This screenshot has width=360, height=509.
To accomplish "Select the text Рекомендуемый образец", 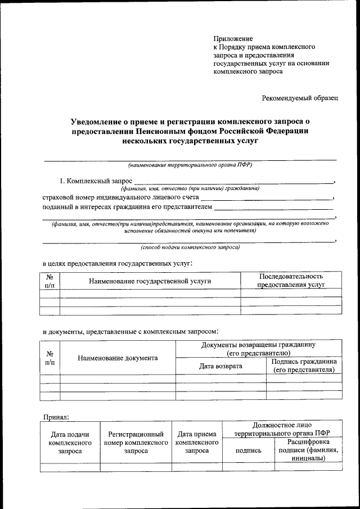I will [300, 98].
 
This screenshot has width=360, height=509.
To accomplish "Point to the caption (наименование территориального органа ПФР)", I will [190, 165].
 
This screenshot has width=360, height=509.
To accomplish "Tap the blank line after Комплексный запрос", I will [233, 182].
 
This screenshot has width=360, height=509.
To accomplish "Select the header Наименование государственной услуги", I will [150, 280].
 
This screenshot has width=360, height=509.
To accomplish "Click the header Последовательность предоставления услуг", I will [291, 280].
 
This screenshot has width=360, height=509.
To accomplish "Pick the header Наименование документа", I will [118, 358].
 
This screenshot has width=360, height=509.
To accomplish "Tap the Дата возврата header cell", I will [220, 366].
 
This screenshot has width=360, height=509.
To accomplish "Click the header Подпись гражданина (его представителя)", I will [304, 366].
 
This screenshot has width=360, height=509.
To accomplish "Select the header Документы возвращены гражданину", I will [258, 348].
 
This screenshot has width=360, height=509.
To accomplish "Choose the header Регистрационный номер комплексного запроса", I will [136, 442].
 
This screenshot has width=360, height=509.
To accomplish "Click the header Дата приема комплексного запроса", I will [196, 442].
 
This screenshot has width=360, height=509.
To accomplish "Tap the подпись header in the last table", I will [248, 451].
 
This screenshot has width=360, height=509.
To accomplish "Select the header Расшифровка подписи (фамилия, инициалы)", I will [307, 450].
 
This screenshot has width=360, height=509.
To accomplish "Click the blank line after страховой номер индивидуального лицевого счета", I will [267, 199].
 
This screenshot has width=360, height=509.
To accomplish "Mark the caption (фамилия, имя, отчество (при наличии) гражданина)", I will [193, 189].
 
